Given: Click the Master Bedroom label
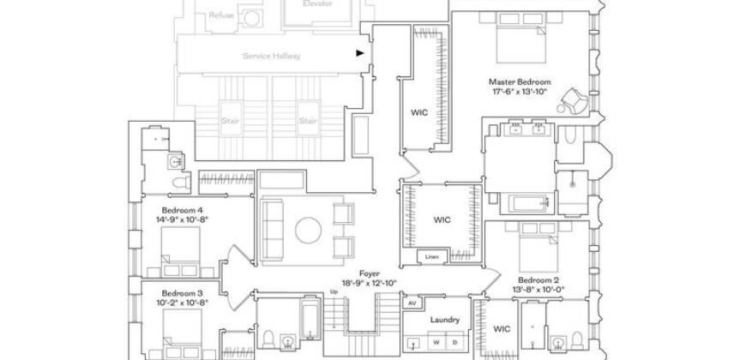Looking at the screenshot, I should (520, 81).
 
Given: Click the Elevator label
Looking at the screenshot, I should (317, 3).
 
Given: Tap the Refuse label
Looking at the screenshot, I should (220, 15).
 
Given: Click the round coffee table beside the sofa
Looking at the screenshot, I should (308, 229).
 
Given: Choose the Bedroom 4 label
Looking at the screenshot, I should (182, 210).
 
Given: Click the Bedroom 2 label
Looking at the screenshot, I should (540, 280).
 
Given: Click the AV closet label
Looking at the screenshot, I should (412, 303).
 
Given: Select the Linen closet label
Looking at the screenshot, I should (432, 256).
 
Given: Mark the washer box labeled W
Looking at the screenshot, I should (436, 342).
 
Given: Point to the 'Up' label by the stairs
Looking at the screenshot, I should (334, 292).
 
